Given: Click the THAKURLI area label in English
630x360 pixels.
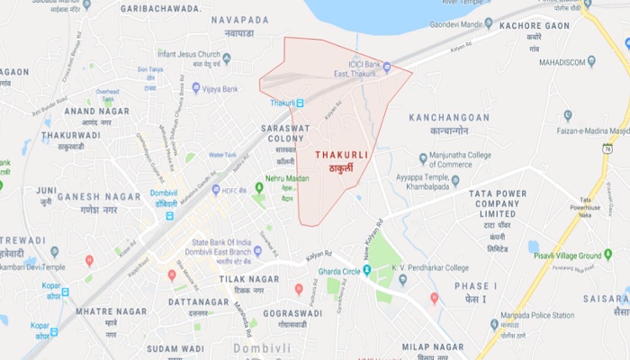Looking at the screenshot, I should click(341, 155).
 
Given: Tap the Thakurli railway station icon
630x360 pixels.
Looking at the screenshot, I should click(300, 103).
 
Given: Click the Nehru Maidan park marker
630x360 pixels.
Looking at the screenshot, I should click(258, 187).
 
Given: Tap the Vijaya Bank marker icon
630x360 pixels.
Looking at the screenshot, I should click(196, 88).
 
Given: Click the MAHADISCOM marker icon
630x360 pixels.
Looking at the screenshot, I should click(591, 61).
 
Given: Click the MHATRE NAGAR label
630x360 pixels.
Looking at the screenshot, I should click(111, 311).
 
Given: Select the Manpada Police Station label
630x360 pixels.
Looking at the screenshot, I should click(538, 314).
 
